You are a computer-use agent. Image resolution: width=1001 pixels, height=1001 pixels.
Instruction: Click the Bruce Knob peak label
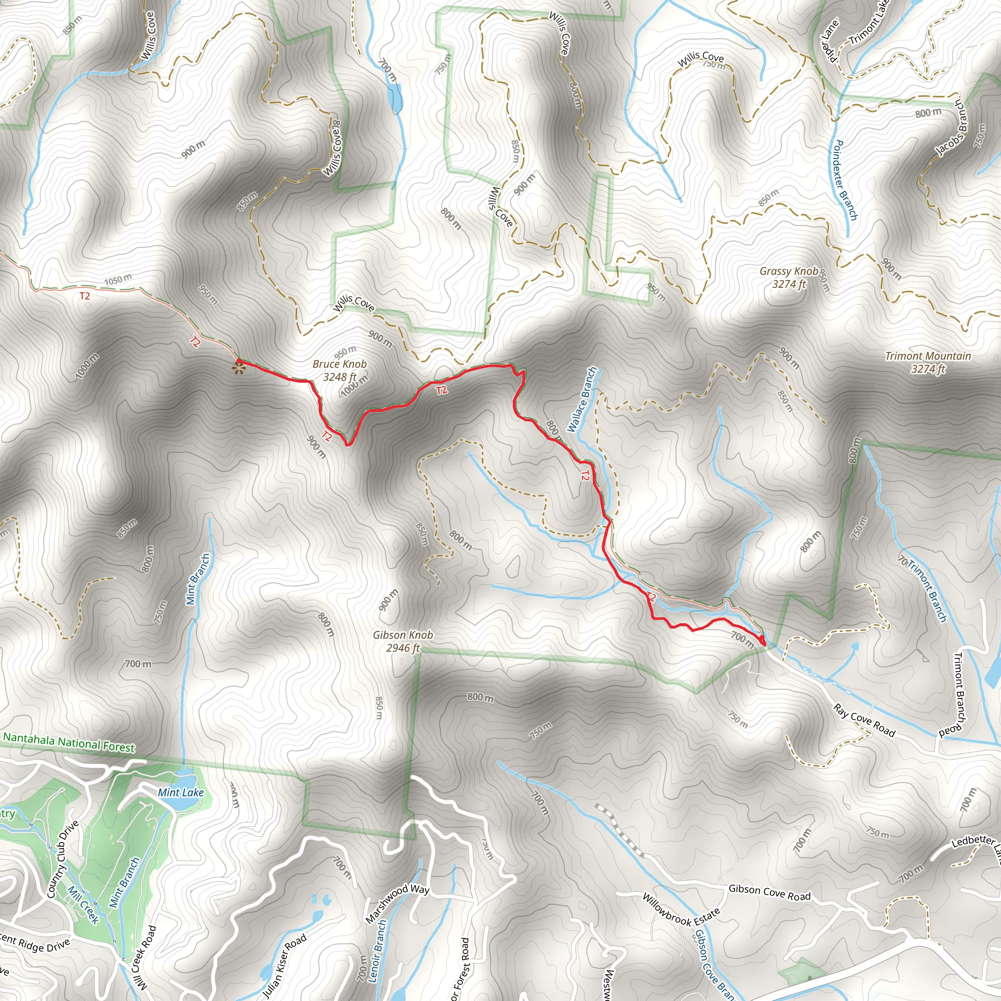[x=339, y=370]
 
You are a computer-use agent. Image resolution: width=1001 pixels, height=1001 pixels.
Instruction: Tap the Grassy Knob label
[x=789, y=277]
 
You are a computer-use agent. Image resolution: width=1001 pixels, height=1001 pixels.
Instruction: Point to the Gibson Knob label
[x=403, y=641]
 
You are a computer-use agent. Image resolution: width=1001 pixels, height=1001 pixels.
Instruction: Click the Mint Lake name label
[x=181, y=792]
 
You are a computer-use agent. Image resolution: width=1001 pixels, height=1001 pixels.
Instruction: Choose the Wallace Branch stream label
[x=582, y=399]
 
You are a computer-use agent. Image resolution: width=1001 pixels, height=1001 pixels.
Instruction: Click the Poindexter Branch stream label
[x=845, y=180]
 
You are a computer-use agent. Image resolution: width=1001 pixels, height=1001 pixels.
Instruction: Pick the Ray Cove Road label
[x=864, y=720]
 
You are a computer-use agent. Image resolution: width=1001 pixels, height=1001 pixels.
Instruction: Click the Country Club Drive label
[x=63, y=858]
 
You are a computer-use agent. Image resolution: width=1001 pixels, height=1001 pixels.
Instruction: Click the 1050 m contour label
[x=118, y=280]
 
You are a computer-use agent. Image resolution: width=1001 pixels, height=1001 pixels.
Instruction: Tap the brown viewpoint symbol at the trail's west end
[x=239, y=369]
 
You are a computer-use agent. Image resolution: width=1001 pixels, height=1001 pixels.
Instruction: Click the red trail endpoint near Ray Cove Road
[x=762, y=640]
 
